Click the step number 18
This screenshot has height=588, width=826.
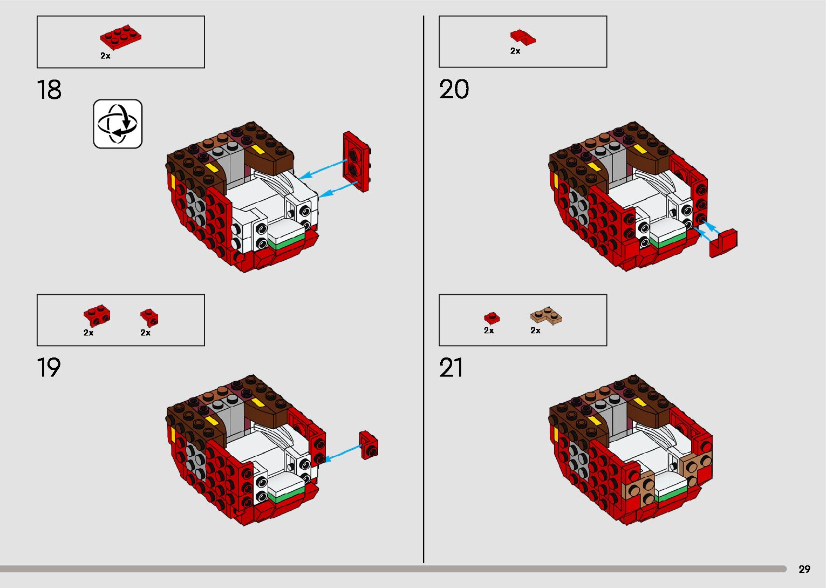(49, 90)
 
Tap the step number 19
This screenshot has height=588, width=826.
(49, 368)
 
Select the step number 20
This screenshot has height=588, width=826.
(454, 90)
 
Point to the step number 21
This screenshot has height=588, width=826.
(451, 368)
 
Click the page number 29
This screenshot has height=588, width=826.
(804, 569)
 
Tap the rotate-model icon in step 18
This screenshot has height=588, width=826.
(118, 124)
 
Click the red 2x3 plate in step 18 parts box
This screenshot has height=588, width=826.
(121, 37)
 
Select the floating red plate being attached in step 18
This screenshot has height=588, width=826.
(356, 161)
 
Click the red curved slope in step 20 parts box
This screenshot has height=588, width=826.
(523, 37)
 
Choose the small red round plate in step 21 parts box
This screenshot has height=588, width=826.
(491, 318)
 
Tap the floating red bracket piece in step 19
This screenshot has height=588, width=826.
(369, 445)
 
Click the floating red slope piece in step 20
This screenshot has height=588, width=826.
(723, 242)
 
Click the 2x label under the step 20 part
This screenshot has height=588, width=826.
(515, 51)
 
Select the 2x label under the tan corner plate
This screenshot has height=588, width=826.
(535, 330)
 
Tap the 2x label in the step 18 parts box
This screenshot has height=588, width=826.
(105, 56)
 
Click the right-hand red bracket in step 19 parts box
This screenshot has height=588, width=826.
(149, 317)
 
